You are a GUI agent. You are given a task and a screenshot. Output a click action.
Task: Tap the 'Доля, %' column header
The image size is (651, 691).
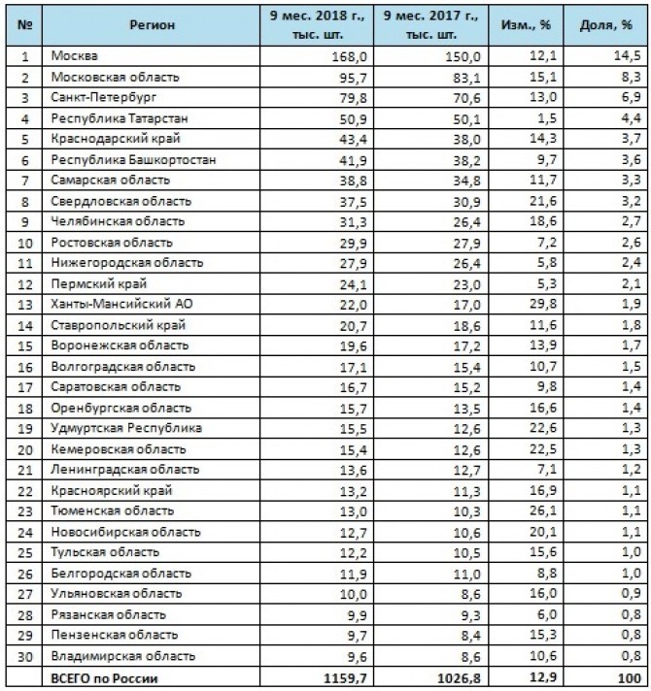[x=615, y=24]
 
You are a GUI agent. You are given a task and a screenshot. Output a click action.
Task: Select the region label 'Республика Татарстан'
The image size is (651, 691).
[x=119, y=119]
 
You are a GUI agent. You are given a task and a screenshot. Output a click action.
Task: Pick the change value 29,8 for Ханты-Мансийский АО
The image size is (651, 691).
[x=544, y=305]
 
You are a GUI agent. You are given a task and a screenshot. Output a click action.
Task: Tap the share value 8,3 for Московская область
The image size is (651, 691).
[x=631, y=77]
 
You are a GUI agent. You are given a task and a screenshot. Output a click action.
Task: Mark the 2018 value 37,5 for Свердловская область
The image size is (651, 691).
[x=346, y=202]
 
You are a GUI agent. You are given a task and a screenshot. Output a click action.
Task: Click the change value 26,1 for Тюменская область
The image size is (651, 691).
[x=544, y=510]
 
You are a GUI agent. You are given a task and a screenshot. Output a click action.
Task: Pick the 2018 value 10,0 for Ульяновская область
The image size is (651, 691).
[x=346, y=593]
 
